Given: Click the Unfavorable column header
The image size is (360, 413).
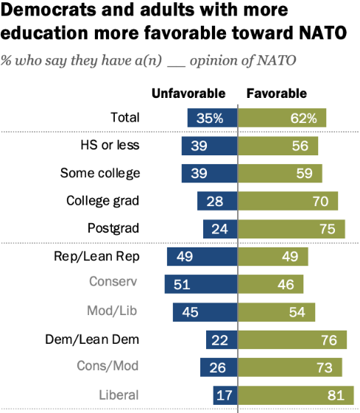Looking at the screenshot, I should pos(188,93).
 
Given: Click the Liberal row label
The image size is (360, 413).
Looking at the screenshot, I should pos(119,395).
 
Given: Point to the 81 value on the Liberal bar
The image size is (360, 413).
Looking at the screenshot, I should pos(336,395).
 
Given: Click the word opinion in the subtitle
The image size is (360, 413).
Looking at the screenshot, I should pos(202,58).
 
